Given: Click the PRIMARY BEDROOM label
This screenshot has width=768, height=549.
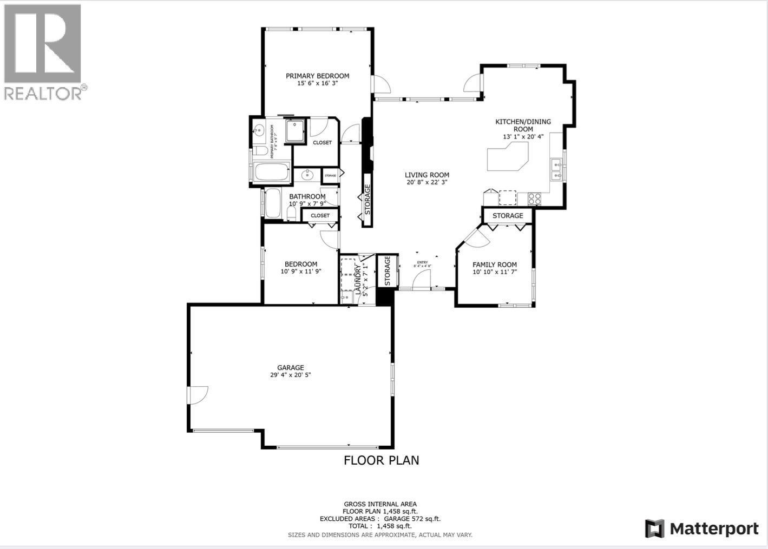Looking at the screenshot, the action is tap(317, 76).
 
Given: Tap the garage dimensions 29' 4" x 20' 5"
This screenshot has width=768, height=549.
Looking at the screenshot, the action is tap(291, 375).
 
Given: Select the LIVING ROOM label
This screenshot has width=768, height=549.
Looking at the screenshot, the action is tap(427, 175).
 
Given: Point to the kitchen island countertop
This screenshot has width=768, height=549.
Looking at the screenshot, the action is tap(507, 158).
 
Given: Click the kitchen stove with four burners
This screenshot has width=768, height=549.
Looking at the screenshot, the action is tap(534, 199).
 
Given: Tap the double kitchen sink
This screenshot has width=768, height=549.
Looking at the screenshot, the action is tap(556, 169).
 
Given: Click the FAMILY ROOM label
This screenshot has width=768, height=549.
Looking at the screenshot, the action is tap(495, 264).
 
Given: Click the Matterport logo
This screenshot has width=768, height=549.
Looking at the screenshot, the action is tap(702, 528).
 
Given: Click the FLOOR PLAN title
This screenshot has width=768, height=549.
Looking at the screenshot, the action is tap(382, 460).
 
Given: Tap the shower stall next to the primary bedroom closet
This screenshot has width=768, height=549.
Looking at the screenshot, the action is tap(295, 130).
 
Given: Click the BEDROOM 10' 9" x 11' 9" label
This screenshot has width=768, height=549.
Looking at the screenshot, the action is tap(301, 268).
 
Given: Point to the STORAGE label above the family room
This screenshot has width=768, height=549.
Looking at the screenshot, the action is tap(508, 216).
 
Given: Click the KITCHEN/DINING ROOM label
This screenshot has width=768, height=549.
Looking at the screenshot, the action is tap(523, 125).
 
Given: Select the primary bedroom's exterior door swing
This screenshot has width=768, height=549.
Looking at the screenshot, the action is tap(380, 84).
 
